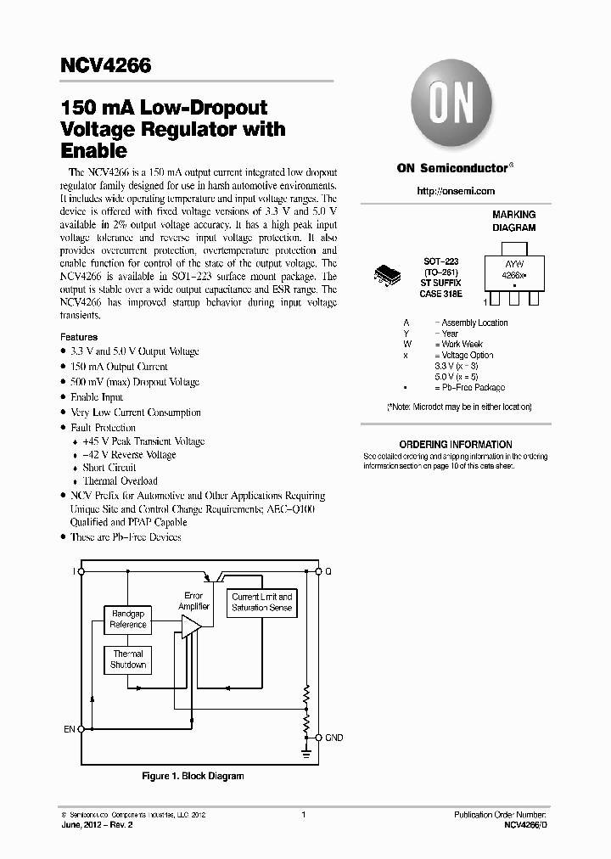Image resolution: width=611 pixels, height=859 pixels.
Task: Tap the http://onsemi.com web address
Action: tap(456, 191)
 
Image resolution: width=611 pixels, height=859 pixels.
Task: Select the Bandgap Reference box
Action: tap(128, 620)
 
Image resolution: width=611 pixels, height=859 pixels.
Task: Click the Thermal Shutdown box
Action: tap(128, 660)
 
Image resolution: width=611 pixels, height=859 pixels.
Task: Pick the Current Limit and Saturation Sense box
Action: tap(262, 602)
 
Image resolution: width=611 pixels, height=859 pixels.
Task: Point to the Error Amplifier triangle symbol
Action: tap(191, 628)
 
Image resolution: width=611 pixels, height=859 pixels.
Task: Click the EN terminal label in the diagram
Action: tap(69, 729)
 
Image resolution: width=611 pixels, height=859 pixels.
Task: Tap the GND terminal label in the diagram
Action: tap(334, 738)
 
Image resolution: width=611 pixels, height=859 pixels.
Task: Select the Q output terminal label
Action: tap(328, 572)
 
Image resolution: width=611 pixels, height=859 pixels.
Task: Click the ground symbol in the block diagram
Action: tap(306, 751)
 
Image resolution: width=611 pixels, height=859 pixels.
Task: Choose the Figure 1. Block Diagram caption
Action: tap(192, 776)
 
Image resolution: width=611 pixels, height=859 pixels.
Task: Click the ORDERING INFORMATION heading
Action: tap(456, 445)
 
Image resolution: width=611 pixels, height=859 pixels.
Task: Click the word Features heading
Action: tap(79, 337)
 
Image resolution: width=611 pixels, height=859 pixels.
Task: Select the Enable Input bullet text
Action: tap(97, 397)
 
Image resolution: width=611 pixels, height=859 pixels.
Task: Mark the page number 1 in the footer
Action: tap(303, 815)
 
